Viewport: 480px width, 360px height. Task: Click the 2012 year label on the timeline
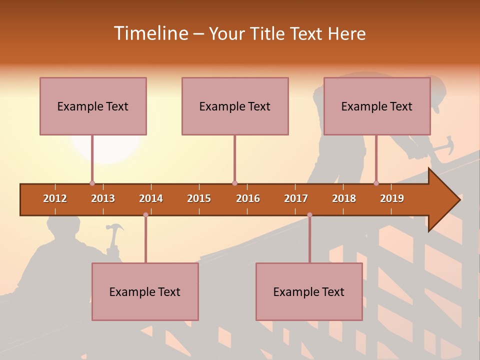point(55,198)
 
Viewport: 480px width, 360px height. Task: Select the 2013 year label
point(103,198)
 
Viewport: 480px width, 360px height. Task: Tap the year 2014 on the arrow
point(151,198)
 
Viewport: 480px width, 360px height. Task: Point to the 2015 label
point(199,198)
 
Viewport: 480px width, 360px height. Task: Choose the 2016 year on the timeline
point(248,198)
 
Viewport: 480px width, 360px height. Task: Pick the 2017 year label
point(296,198)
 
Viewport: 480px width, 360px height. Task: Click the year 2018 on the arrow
point(344,198)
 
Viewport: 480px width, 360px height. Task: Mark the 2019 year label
point(392,198)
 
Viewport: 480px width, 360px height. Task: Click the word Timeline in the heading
point(150,33)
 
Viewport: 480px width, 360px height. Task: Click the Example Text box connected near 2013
point(93,106)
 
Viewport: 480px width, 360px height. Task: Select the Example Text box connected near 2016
point(235,106)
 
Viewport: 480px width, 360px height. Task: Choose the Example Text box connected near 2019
point(377,106)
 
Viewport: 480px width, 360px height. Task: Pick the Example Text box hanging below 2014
point(145,291)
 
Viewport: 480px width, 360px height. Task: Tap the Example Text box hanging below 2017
point(309,291)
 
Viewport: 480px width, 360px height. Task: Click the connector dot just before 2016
point(234,183)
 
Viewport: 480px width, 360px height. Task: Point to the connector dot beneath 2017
point(309,215)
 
